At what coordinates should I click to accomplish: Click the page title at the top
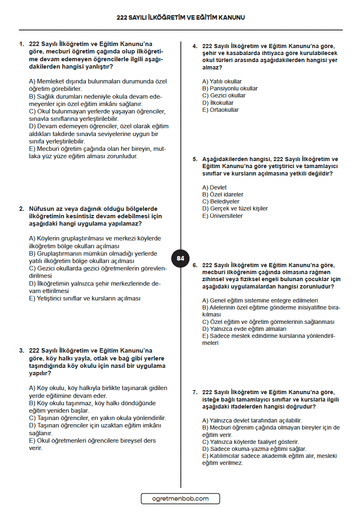tap(180, 18)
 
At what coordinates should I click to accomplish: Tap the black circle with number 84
tap(180, 259)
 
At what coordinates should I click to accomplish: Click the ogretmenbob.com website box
tap(180, 499)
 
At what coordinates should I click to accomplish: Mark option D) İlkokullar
tap(218, 103)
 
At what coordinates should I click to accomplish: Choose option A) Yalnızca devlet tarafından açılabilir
tap(252, 420)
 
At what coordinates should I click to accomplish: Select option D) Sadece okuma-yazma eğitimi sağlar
tap(254, 449)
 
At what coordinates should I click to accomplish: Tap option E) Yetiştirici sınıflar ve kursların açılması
tap(85, 298)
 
